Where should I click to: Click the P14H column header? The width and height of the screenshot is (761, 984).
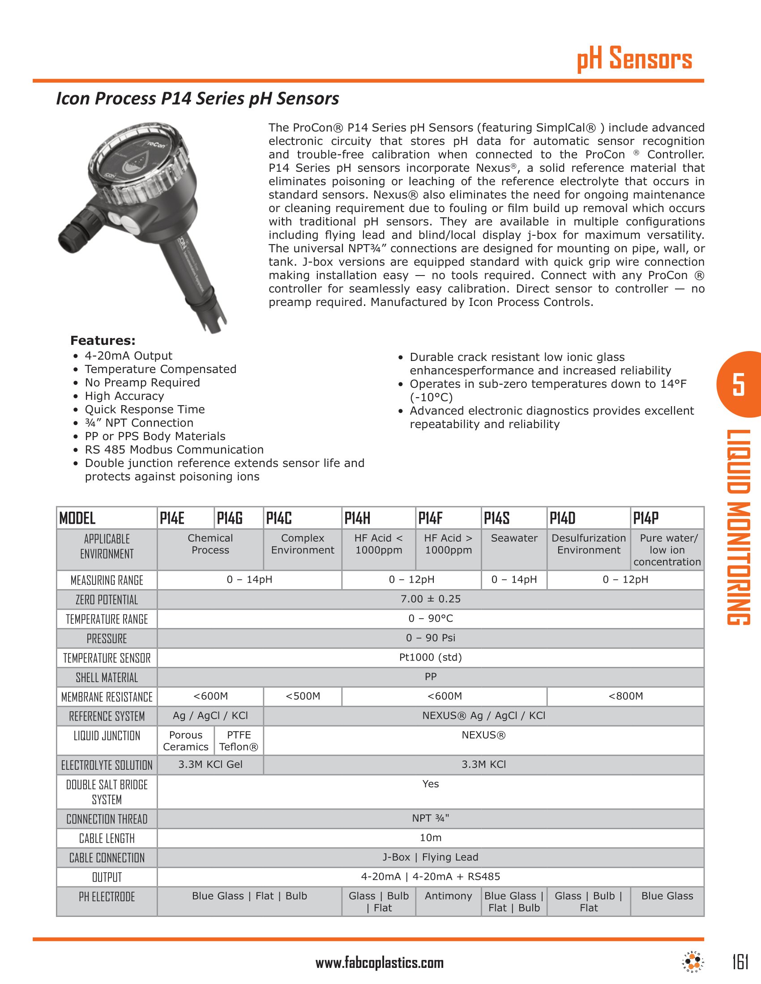358,518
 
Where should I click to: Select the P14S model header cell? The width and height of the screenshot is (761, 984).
497,518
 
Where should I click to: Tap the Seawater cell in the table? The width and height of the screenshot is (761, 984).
514,539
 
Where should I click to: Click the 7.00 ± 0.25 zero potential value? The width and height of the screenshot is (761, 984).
431,599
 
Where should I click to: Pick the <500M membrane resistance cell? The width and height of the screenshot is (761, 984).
303,696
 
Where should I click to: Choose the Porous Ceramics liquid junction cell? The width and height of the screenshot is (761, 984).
186,741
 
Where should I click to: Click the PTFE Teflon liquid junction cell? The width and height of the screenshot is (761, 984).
239,741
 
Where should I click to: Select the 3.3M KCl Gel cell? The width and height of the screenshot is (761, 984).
210,764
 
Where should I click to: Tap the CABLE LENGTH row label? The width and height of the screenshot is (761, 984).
107,839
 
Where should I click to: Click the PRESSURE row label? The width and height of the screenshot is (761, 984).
107,638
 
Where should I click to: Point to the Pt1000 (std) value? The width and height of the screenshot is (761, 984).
431,657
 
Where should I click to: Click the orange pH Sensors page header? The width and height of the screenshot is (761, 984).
634,59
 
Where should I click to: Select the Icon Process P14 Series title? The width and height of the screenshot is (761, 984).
197,99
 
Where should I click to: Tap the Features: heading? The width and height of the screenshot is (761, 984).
103,341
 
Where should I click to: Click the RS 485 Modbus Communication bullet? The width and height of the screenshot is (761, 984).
174,450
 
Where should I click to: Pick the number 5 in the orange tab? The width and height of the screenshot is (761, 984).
739,384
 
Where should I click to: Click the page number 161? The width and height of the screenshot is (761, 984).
740,963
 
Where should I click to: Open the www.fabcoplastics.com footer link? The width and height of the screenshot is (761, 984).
380,963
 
